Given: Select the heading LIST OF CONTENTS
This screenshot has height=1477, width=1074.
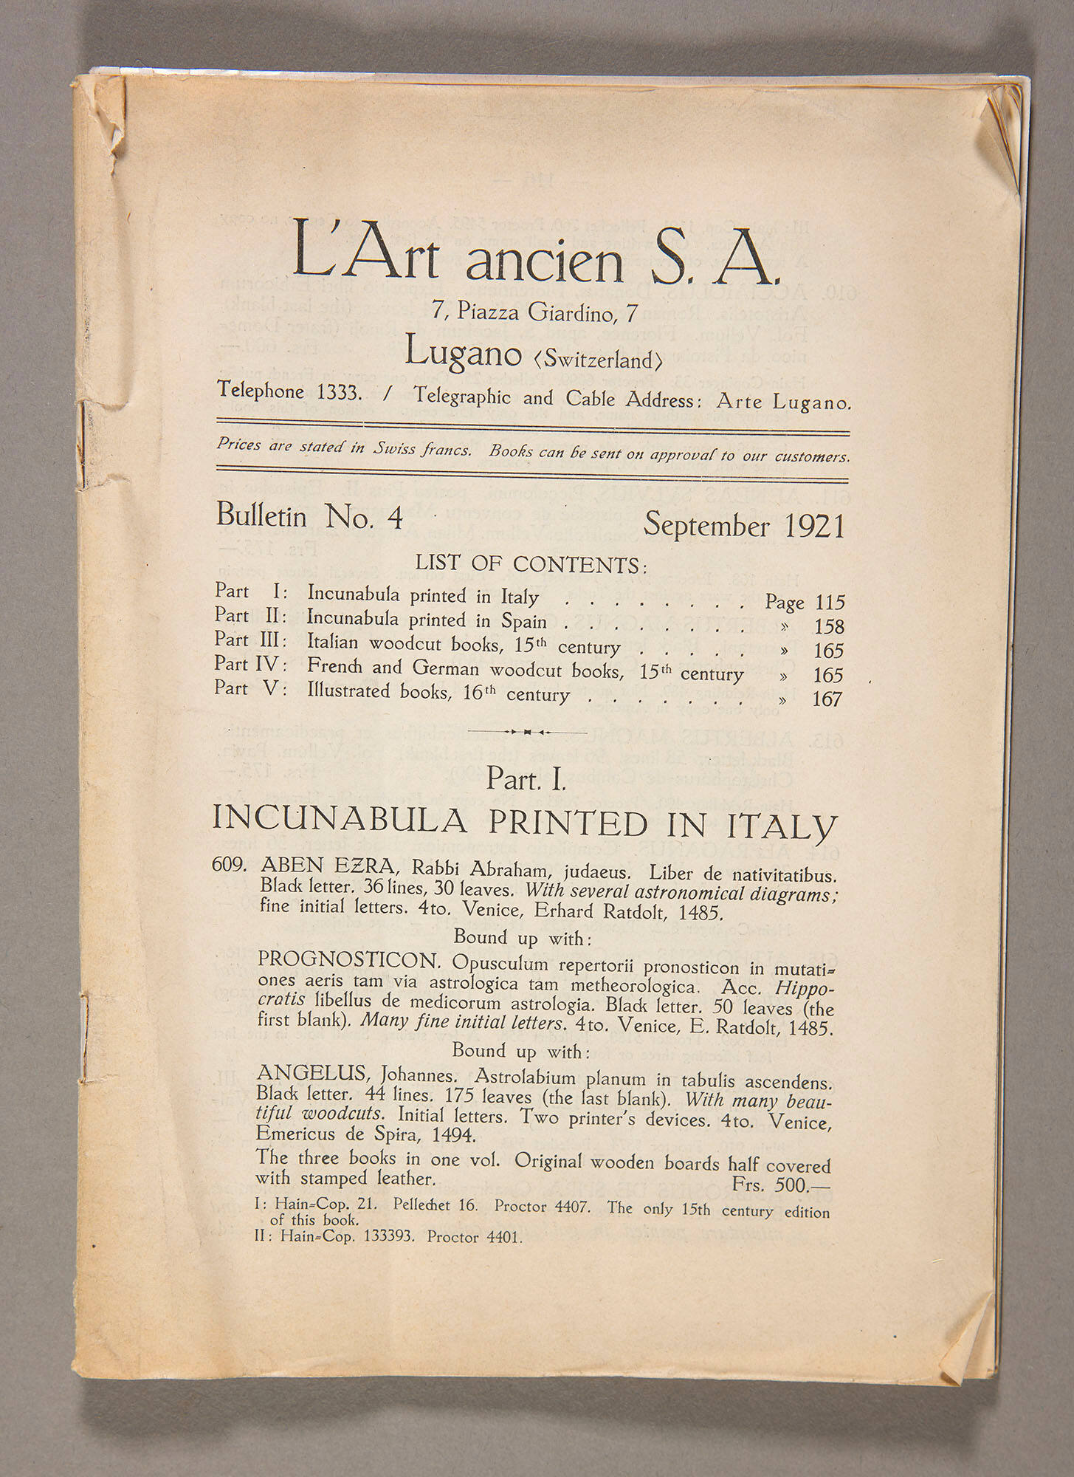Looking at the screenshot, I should pos(531,564).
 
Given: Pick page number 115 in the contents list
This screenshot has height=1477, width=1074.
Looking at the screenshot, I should pos(830,603).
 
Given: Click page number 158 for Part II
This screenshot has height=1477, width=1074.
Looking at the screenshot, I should pos(829,627).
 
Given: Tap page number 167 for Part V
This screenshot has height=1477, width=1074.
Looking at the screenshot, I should pos(827,699).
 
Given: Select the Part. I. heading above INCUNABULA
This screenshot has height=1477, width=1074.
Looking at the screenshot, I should pos(526,780).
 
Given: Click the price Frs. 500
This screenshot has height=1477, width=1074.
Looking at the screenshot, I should pos(783,1184).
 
